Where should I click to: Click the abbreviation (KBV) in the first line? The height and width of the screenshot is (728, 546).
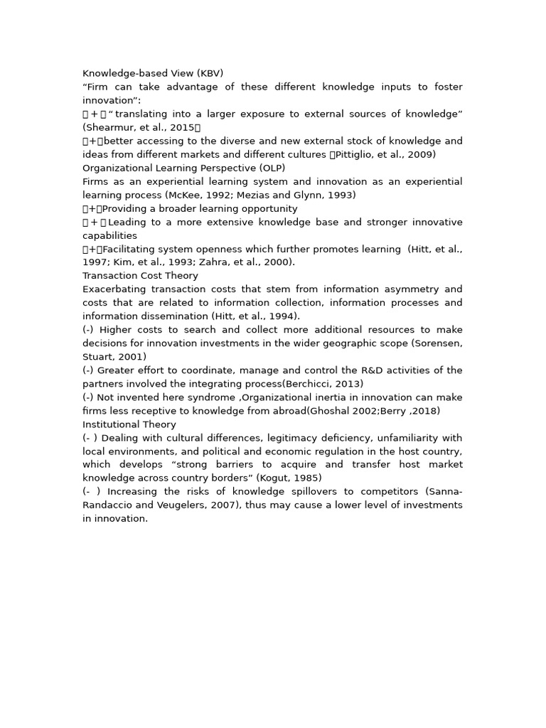(210, 73)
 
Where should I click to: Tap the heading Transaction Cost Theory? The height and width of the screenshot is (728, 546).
(140, 276)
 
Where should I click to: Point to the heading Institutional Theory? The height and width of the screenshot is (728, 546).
(129, 424)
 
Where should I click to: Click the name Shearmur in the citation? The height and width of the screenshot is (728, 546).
(109, 127)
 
